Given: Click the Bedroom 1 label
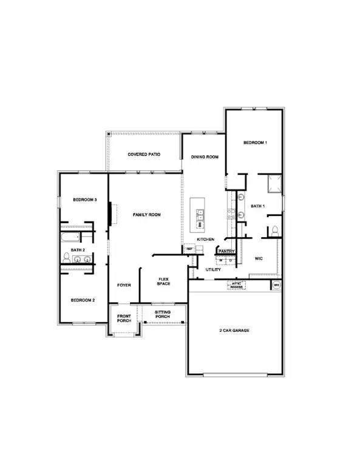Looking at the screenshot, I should point(255,143).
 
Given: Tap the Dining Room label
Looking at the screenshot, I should point(204,157).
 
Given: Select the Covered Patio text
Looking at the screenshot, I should point(144,155).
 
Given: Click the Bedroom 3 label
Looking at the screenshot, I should point(85,200).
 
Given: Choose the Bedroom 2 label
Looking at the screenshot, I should point(83,300).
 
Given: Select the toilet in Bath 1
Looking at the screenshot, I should point(274,231).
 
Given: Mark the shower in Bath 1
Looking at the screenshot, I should point(273,183).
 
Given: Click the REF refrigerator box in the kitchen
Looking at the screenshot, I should point(189,249).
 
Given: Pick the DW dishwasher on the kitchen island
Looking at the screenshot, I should point(200,225).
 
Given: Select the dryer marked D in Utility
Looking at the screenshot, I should point(231,261).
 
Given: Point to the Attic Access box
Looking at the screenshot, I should point(236,284).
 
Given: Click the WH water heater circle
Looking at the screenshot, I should point(276,284).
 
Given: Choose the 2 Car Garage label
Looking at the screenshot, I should point(234,331).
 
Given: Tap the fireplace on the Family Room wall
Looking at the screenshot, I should point(111,214).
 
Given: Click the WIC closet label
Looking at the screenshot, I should point(257,258).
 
